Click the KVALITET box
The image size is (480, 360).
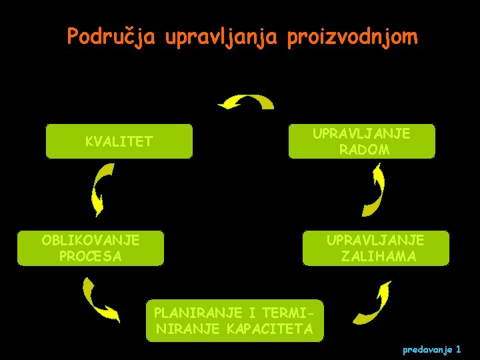(x=119, y=141)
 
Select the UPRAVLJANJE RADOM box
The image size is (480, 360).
(x=361, y=141)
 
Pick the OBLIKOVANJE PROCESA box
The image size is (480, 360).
(x=90, y=248)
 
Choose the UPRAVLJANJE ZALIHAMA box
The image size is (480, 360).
(x=375, y=248)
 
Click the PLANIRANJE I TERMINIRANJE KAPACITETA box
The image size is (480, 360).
(x=234, y=320)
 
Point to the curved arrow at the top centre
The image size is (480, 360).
(x=248, y=102)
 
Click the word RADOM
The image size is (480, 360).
(x=364, y=150)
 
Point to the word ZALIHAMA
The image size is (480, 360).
(x=378, y=257)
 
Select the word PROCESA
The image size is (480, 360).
(x=90, y=257)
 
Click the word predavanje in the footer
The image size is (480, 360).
(x=428, y=349)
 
